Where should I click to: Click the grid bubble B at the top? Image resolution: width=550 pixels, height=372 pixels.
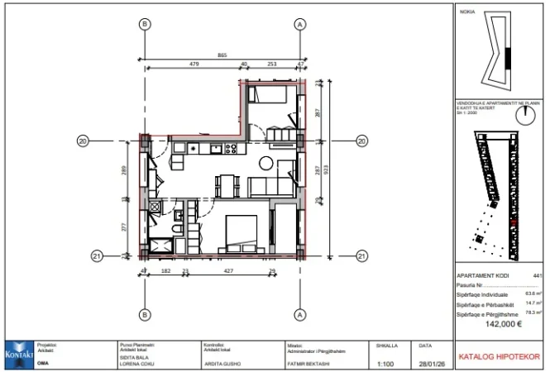point(145,25)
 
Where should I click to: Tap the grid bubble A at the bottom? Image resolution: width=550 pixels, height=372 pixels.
point(299,315)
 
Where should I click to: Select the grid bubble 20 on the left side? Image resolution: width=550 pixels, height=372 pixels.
point(83,141)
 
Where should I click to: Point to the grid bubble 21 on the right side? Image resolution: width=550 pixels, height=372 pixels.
point(361,255)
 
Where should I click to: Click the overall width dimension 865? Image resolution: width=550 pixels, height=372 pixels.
point(222,55)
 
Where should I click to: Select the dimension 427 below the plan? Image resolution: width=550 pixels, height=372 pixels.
point(227,270)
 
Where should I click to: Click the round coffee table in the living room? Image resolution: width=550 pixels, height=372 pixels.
point(268,162)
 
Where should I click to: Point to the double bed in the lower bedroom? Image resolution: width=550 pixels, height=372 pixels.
point(241,231)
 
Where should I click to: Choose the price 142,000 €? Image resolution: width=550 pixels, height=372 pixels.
point(500,324)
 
